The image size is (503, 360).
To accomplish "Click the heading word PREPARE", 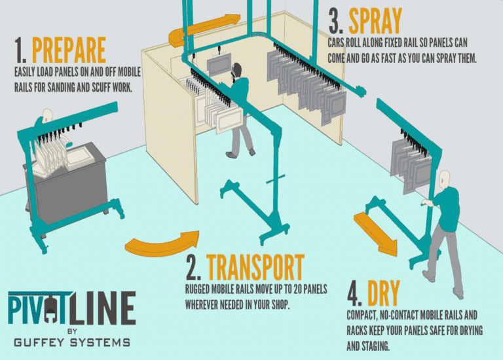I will coord(68,50).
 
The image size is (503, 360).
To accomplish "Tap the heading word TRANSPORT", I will coord(255,268).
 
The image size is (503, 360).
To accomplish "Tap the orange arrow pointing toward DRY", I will coord(375,233).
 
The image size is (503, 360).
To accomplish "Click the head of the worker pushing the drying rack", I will coord(445,177).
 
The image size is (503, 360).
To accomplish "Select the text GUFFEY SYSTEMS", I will coord(71,342).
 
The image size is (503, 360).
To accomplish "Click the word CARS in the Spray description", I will coord(336,43).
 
